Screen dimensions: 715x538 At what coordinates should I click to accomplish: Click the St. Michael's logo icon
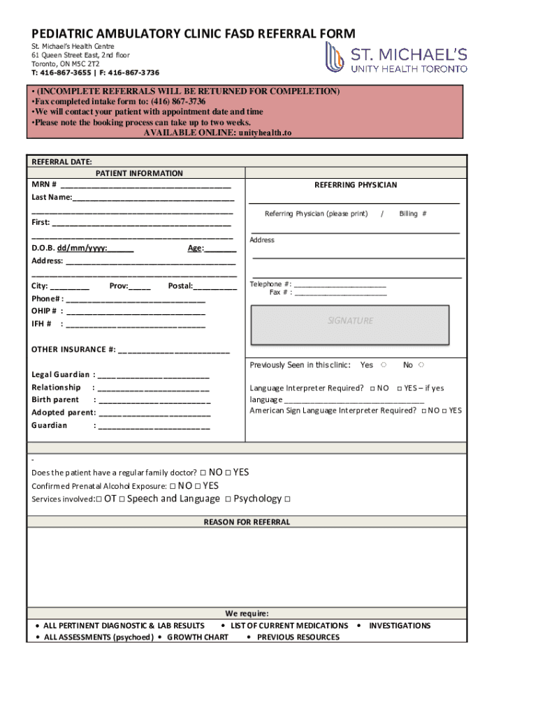coord(335,57)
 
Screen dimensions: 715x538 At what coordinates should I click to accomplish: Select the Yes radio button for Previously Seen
coord(384,365)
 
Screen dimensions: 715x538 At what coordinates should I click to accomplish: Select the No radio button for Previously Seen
coord(422,365)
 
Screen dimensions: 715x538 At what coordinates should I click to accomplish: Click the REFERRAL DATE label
coord(61,161)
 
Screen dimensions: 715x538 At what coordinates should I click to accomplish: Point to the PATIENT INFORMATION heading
coord(139,173)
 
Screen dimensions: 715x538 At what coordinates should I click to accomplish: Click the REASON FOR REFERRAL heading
coord(247,522)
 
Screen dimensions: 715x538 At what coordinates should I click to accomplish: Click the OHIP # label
coord(43,311)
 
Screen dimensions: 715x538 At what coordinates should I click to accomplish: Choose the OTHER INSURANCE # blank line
coord(174,351)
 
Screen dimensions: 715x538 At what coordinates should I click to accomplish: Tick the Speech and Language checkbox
coord(122,499)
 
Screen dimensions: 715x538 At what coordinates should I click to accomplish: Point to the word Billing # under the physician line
coord(412,214)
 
